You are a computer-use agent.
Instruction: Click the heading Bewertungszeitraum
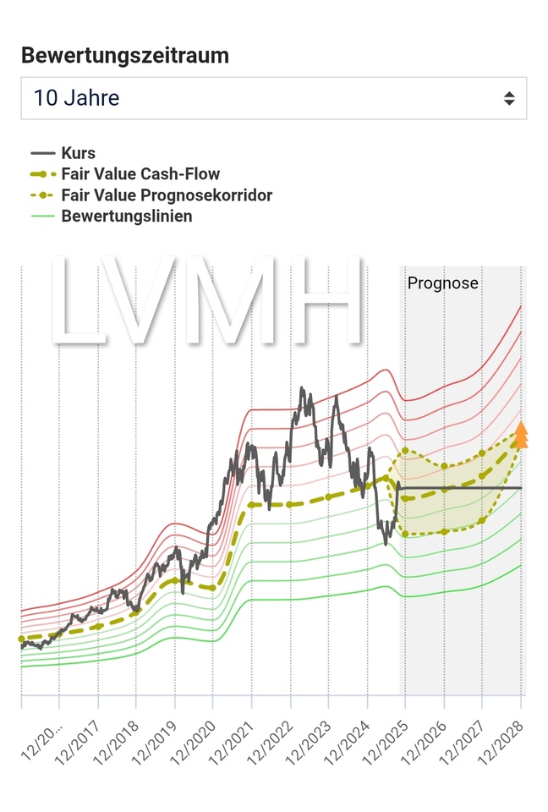point(125,55)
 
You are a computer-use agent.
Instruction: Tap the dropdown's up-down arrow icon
point(509,98)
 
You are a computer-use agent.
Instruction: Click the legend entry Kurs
point(78,153)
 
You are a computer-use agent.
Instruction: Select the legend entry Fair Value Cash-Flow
point(140,174)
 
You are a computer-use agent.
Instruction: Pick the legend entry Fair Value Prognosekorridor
point(167,195)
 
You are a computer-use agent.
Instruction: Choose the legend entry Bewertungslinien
point(127,216)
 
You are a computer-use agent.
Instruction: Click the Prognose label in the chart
point(442,283)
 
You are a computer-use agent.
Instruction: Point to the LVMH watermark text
point(207,300)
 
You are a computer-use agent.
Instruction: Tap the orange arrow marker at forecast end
point(521,435)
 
